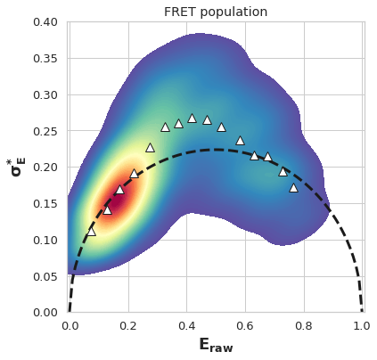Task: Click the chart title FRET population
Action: [x=216, y=12]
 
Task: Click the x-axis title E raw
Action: [x=216, y=345]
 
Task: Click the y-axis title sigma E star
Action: [x=17, y=168]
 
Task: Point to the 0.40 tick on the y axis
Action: [x=45, y=22]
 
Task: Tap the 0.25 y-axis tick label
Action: [x=45, y=131]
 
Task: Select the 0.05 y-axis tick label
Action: [x=45, y=277]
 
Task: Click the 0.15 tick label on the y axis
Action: [x=45, y=204]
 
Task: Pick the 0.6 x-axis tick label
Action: [x=245, y=326]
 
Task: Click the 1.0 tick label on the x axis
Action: [x=362, y=326]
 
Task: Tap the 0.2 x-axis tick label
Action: [x=128, y=326]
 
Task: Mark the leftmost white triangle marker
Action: [x=92, y=232]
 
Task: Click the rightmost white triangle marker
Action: [x=293, y=188]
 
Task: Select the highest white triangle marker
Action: [x=193, y=119]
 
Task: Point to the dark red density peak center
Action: [x=119, y=202]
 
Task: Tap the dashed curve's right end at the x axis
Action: [x=362, y=311]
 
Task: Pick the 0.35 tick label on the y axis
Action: [x=45, y=59]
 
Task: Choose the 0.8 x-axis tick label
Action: [x=304, y=326]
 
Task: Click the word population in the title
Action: [x=234, y=12]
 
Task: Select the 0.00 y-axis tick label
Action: [x=45, y=313]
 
